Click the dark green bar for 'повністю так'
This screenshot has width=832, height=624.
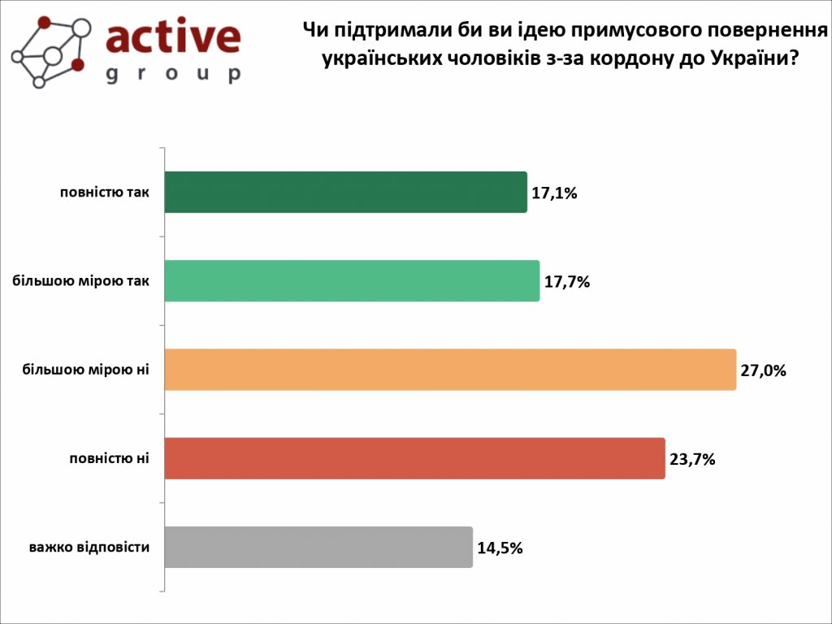tap(345, 193)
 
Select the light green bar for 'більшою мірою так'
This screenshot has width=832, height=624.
tap(352, 281)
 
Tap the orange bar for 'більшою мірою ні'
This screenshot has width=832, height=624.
tap(450, 370)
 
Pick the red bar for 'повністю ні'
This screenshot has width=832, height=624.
tap(414, 458)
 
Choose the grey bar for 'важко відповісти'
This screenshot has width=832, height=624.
tap(318, 547)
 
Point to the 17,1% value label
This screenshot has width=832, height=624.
tap(554, 193)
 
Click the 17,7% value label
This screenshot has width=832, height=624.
tap(566, 282)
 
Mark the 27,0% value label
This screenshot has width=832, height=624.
tap(764, 370)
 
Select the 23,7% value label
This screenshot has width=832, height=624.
tap(692, 459)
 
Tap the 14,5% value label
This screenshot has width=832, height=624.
tap(500, 548)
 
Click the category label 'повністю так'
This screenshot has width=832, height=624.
tap(104, 193)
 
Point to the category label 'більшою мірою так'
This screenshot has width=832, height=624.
tap(81, 281)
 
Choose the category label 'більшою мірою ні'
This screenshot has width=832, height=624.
tap(85, 370)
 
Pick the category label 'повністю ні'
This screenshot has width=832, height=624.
tap(108, 458)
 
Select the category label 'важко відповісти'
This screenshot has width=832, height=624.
tap(89, 547)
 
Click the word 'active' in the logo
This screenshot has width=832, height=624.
tap(173, 37)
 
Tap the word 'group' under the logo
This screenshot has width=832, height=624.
tap(173, 74)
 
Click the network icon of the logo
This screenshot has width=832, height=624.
tap(51, 51)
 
